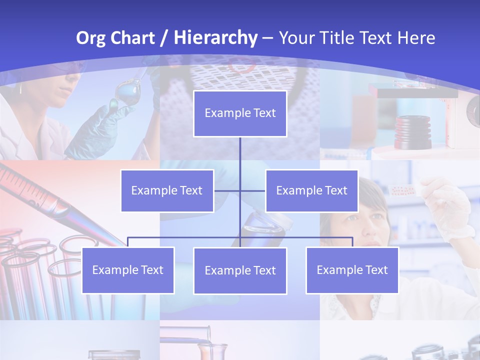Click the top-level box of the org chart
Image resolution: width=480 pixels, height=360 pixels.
(240, 113)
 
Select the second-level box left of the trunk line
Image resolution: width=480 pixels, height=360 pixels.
(167, 190)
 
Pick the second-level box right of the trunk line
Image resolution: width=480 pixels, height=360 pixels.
(311, 190)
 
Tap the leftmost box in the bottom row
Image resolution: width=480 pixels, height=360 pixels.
(128, 270)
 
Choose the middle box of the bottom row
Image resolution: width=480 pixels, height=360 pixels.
(240, 270)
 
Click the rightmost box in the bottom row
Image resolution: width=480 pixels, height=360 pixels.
(352, 270)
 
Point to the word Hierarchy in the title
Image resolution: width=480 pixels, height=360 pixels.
(215, 38)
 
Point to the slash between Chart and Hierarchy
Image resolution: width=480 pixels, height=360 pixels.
(163, 38)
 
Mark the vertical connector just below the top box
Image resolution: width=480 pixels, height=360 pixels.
(240, 150)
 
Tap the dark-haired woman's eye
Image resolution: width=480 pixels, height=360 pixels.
(351, 218)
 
